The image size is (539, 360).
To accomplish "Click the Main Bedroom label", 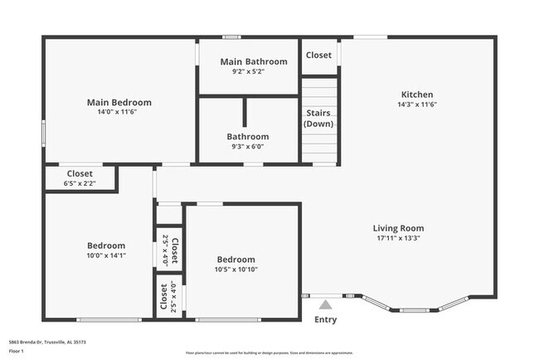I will [119, 102].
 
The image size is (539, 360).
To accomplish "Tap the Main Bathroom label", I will [254, 61].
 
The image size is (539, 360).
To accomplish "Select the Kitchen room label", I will [417, 95].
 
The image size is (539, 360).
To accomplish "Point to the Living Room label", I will [398, 228].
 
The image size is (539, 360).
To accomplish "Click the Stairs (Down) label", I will [319, 118].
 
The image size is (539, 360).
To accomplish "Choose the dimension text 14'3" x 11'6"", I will [417, 105].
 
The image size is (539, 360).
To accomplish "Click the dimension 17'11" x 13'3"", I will [398, 238].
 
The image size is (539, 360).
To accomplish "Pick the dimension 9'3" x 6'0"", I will [248, 146].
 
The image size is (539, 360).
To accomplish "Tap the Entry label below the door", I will [326, 319].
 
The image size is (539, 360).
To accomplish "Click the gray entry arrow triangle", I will [326, 305].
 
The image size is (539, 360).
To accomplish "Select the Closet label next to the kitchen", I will [319, 56].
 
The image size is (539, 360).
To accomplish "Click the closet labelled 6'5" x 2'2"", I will [80, 182].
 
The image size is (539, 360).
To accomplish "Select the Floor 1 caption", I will [16, 351].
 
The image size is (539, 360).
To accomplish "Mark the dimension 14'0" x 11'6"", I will [119, 112].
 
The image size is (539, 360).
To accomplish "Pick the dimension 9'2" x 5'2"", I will [254, 71].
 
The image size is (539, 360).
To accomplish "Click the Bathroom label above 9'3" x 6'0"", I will [248, 136].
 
